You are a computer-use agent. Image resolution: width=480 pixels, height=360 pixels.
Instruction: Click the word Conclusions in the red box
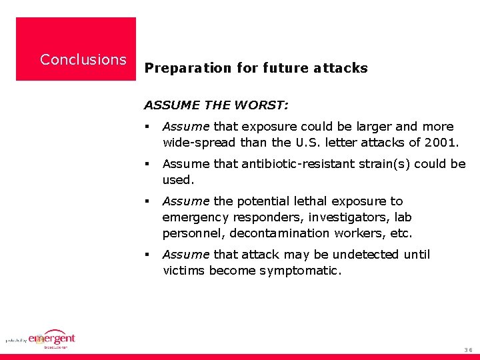click(x=83, y=59)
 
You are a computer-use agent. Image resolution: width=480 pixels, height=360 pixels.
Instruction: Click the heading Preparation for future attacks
click(x=256, y=68)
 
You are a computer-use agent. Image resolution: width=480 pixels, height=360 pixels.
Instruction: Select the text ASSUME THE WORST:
click(x=217, y=105)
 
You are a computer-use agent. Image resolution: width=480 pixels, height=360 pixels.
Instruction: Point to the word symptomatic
click(x=304, y=271)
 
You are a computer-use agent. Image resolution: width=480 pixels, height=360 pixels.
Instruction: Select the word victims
click(x=184, y=271)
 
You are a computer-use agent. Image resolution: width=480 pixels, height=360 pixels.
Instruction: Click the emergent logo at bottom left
click(x=49, y=339)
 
